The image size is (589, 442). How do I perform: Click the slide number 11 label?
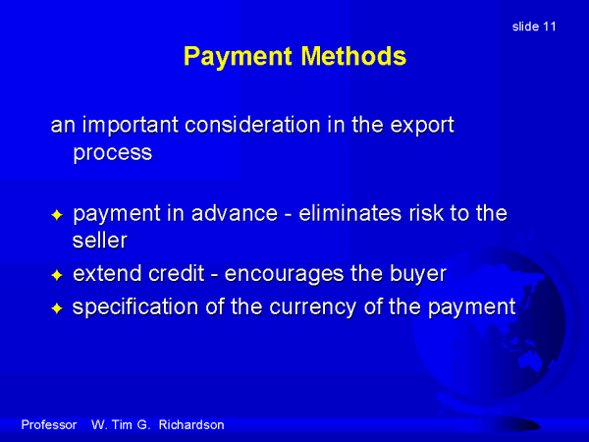[x=534, y=27]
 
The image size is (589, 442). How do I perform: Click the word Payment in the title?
[x=238, y=56]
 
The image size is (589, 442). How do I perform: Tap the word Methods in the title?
[x=353, y=56]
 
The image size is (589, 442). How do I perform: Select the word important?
[x=131, y=125]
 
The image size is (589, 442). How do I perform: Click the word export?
[x=422, y=125]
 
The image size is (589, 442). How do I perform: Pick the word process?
[x=112, y=153]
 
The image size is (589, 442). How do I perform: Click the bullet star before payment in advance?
[x=57, y=215]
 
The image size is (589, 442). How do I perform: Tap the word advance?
[x=235, y=213]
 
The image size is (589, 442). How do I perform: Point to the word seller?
[x=100, y=241]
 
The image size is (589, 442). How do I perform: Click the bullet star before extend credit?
[x=57, y=275]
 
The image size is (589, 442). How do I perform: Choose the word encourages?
[x=284, y=274]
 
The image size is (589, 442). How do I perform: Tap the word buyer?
[x=418, y=274]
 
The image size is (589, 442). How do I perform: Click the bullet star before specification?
[x=57, y=308]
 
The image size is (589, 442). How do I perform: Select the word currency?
[x=313, y=307]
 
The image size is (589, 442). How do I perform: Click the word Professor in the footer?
[x=49, y=424]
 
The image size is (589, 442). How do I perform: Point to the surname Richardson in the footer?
[x=191, y=424]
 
